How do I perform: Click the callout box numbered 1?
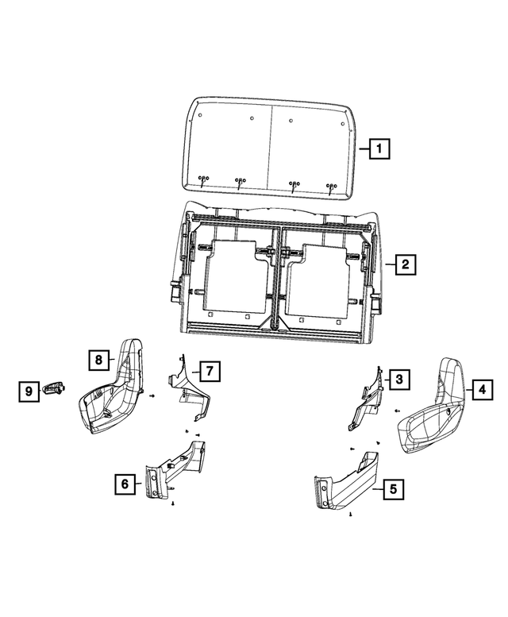pyautogui.click(x=380, y=148)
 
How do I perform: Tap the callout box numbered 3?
pyautogui.click(x=399, y=380)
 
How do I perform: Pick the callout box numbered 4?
pyautogui.click(x=480, y=389)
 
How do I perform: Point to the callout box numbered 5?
pyautogui.click(x=392, y=489)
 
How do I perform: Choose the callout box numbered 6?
pyautogui.click(x=125, y=482)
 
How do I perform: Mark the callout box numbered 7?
pyautogui.click(x=209, y=370)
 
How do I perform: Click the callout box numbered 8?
pyautogui.click(x=98, y=360)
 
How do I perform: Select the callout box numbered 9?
pyautogui.click(x=28, y=390)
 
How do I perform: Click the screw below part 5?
pyautogui.click(x=349, y=515)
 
